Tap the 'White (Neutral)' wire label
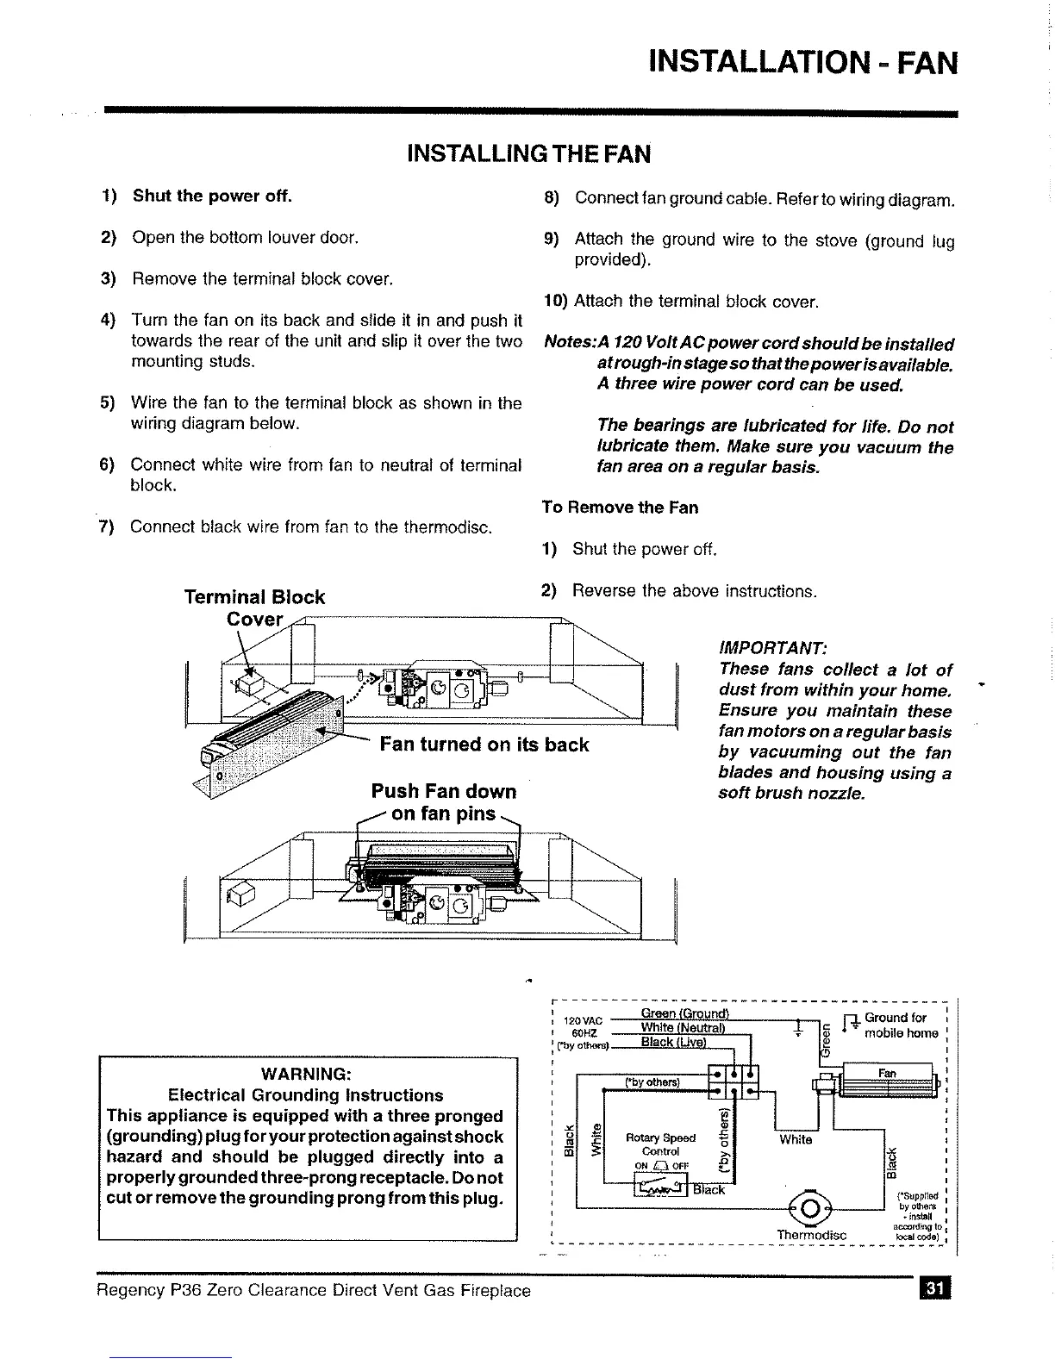[x=684, y=1027]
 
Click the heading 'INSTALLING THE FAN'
[x=528, y=154]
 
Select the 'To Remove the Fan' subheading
[x=620, y=508]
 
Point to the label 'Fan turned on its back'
[x=484, y=745]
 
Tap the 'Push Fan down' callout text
[x=443, y=791]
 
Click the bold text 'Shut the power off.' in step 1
[x=212, y=196]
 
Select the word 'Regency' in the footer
[x=130, y=1290]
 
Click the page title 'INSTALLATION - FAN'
[x=802, y=62]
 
